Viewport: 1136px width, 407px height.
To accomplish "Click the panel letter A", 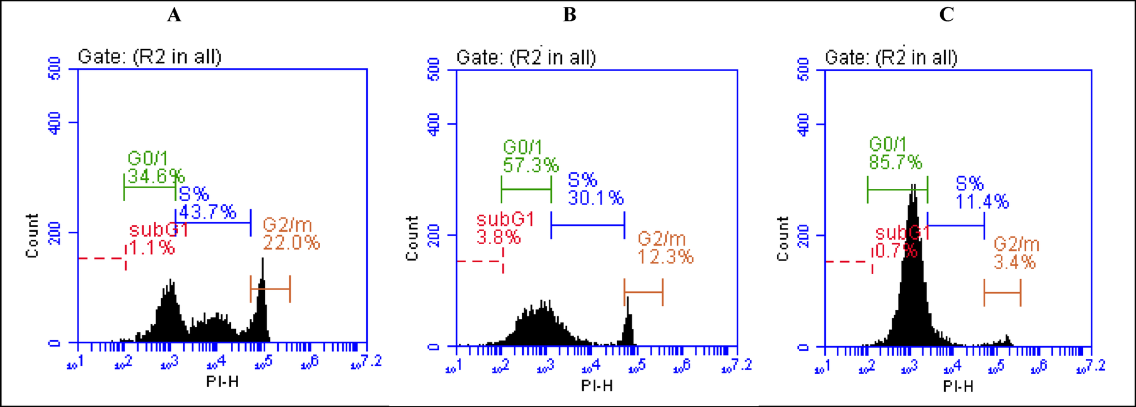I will pos(174,15).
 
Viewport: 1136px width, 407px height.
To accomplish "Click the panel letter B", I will pos(570,15).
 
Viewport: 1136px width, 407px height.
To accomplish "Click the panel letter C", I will pos(946,15).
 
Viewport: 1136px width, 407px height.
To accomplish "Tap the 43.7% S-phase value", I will pos(208,212).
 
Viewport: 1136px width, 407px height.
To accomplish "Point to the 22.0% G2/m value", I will pos(291,243).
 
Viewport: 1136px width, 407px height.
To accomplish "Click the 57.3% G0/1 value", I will pos(531,165).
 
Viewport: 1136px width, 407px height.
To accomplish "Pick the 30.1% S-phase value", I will pos(596,198).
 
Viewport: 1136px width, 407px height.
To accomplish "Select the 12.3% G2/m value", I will pos(665,257).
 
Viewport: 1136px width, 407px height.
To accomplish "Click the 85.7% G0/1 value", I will pos(896,163).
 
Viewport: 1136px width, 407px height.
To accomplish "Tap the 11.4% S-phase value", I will pos(982,201).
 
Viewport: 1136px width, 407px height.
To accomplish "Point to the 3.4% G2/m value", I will pos(1014,262).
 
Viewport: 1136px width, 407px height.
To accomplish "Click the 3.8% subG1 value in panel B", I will pos(498,237).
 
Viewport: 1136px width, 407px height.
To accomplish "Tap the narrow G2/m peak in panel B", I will pos(628,322).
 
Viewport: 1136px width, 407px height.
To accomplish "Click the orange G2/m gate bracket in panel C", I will pos(1002,293).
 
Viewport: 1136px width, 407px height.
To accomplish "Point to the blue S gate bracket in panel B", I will pos(587,225).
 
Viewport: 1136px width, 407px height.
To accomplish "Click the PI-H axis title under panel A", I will pos(222,382).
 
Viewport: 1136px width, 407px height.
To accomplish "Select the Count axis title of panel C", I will pos(783,239).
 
